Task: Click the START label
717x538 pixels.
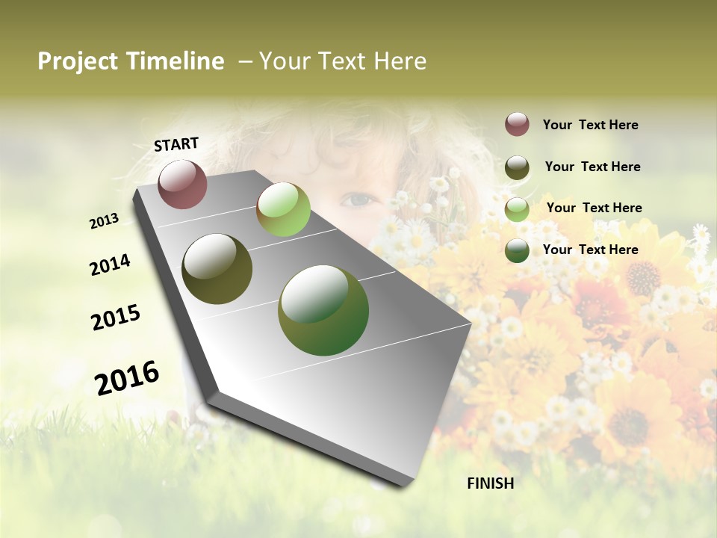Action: click(176, 144)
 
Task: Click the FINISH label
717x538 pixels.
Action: click(490, 483)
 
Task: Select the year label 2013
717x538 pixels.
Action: click(105, 221)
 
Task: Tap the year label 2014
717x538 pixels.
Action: click(110, 265)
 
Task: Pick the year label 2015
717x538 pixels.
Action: click(116, 318)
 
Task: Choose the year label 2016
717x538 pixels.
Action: click(127, 378)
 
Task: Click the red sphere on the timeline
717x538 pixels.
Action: click(182, 184)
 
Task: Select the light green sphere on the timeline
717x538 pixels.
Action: click(283, 209)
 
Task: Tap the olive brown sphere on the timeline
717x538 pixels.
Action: click(217, 269)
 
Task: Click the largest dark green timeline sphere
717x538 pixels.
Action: click(323, 310)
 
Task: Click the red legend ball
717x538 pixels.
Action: click(517, 124)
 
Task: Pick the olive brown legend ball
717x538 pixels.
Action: click(517, 167)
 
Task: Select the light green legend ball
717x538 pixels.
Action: click(517, 209)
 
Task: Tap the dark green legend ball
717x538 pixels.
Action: click(517, 250)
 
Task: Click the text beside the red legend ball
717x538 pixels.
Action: click(590, 125)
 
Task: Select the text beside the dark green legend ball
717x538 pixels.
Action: click(590, 250)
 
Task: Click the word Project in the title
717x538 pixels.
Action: click(78, 61)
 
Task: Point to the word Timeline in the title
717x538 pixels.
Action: click(176, 61)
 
